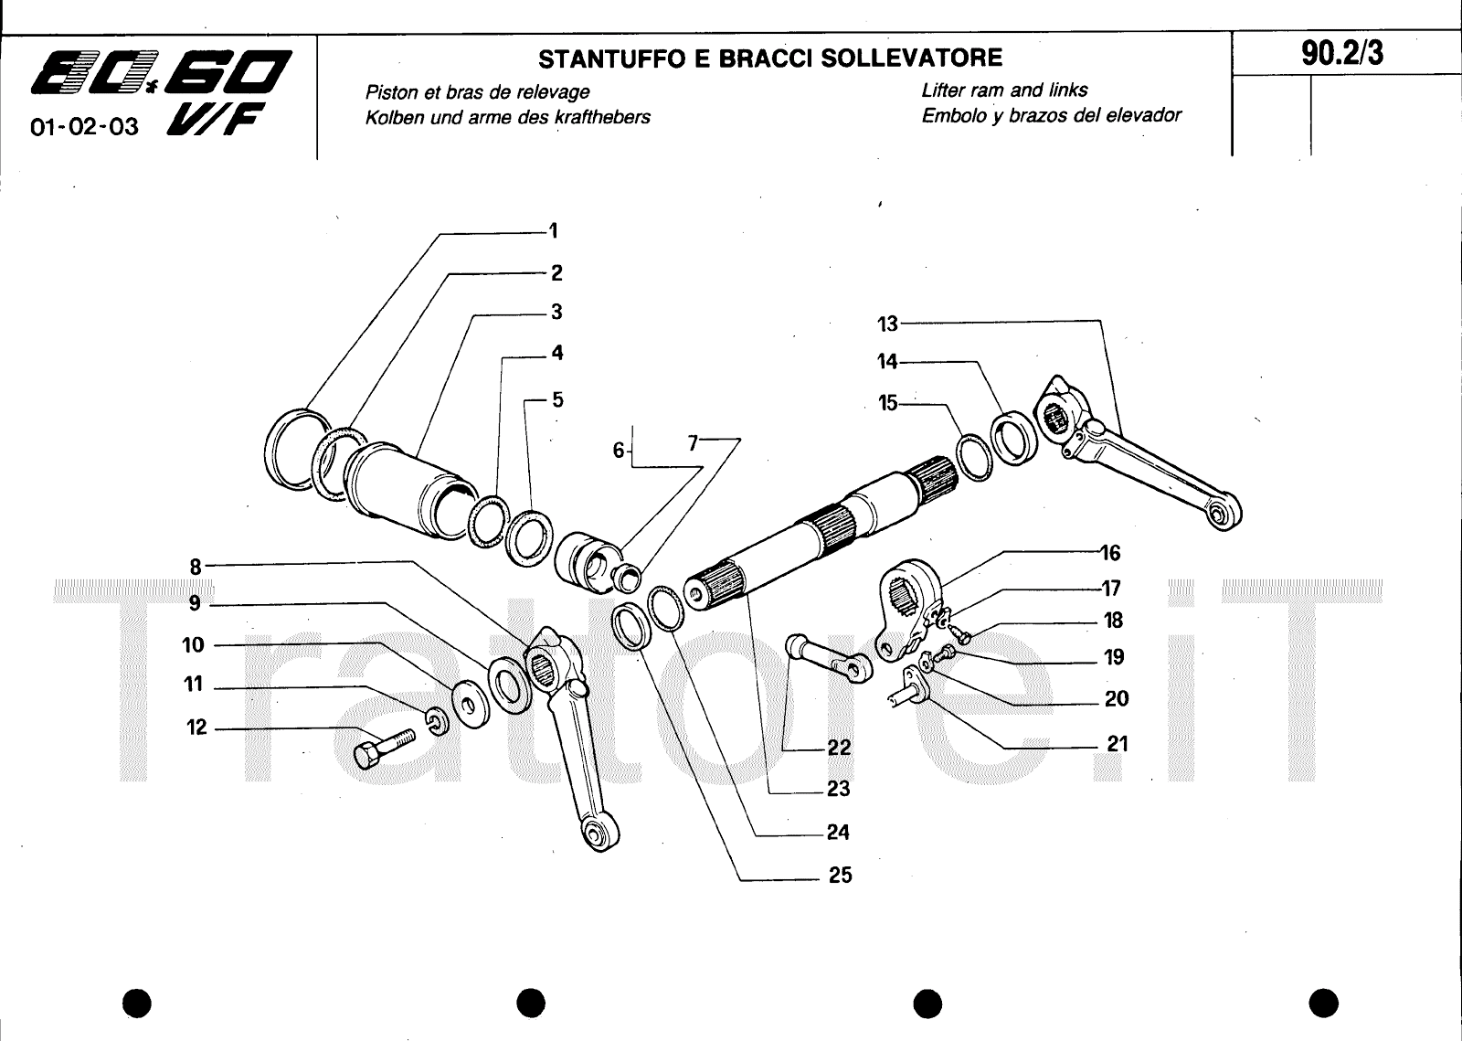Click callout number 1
tap(553, 231)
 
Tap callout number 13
tap(887, 324)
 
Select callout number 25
tap(840, 876)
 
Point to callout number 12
tap(197, 728)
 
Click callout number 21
tap(1118, 745)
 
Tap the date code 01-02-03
tap(84, 127)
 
